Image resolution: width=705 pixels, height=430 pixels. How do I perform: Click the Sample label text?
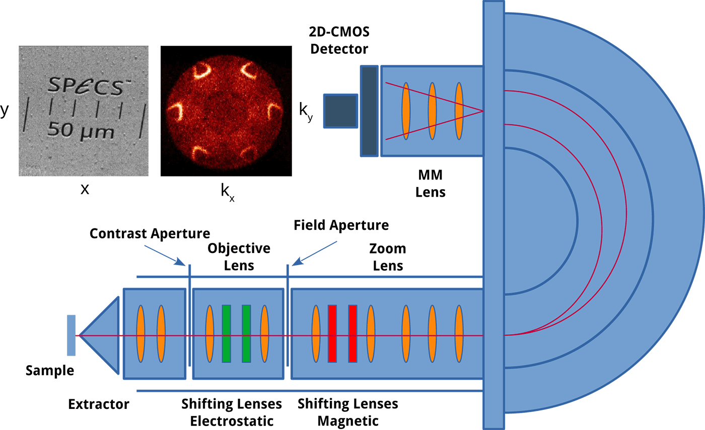(x=50, y=372)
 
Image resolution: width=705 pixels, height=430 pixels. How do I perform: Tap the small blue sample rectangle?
(x=71, y=335)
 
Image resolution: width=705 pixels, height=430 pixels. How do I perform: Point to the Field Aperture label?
(x=341, y=225)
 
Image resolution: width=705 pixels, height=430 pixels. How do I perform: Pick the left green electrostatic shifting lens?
(x=226, y=333)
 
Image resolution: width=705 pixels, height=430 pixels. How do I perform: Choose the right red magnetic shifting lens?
(x=352, y=333)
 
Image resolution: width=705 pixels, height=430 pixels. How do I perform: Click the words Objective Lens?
(x=239, y=256)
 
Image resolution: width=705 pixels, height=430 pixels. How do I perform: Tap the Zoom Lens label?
(x=388, y=257)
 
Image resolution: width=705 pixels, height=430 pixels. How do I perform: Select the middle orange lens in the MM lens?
(x=432, y=111)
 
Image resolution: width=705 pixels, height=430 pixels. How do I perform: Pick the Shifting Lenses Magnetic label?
(x=348, y=411)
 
